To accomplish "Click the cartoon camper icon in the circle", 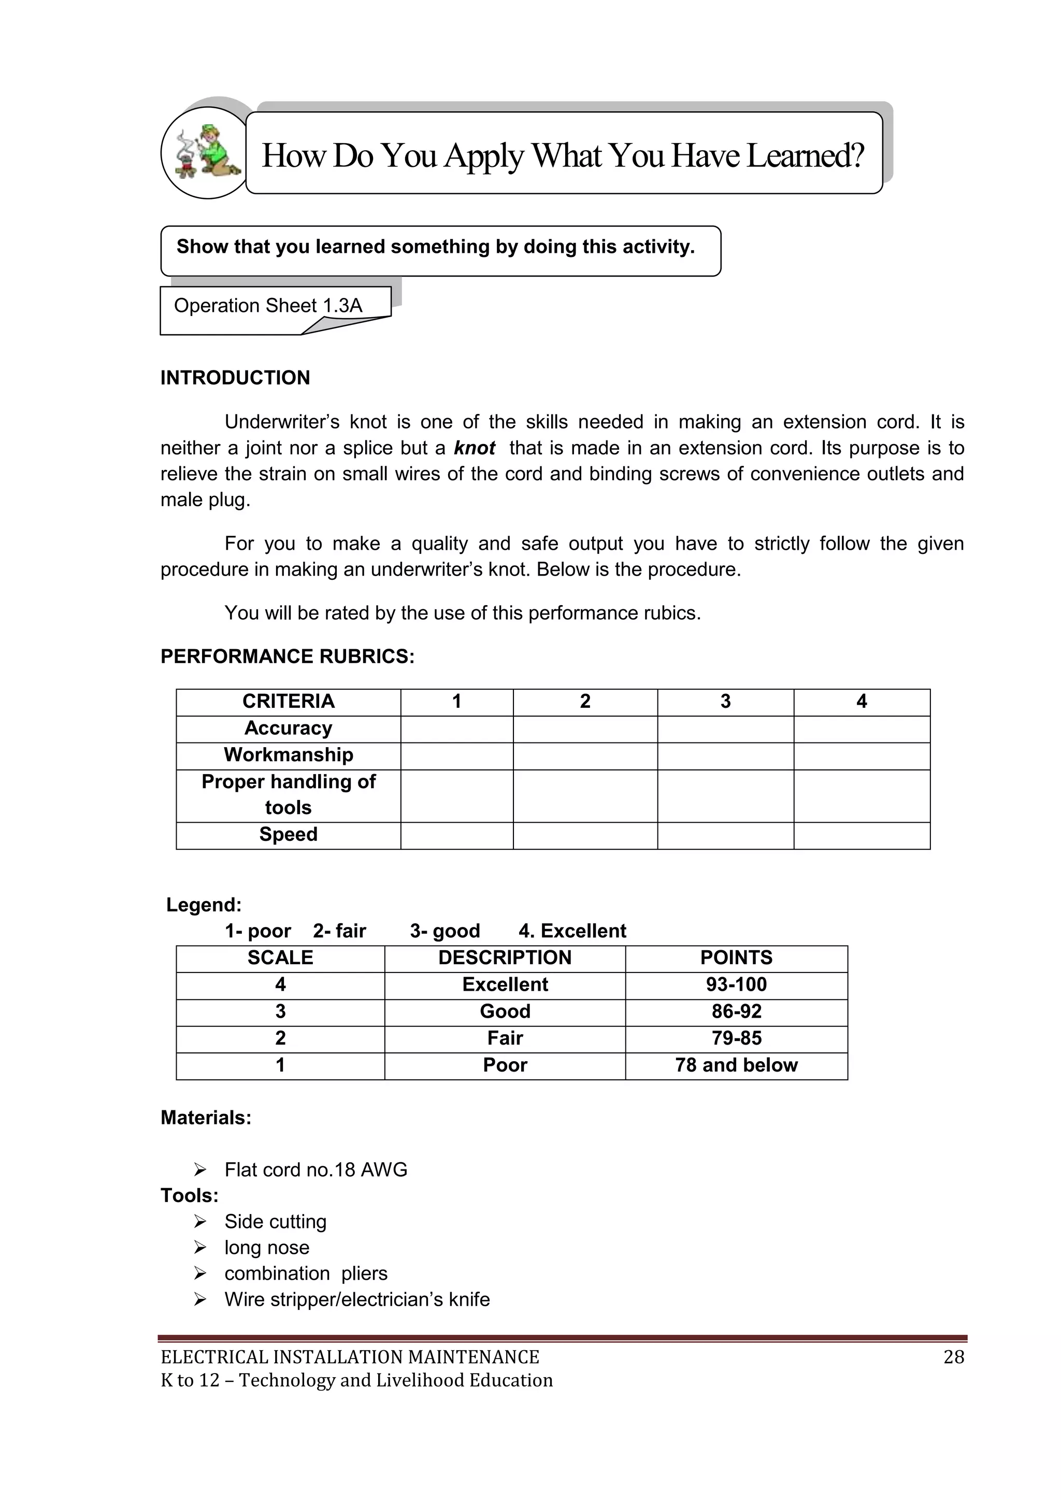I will click(x=205, y=153).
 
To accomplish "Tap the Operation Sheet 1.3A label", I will click(x=268, y=306).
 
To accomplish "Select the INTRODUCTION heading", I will click(x=235, y=378).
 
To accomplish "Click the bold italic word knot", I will click(x=475, y=448).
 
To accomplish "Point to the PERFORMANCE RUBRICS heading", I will click(x=288, y=656).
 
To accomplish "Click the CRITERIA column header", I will click(x=288, y=702).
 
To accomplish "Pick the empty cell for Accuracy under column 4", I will click(x=861, y=729).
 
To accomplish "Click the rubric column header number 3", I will click(x=725, y=702).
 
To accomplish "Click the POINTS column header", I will click(x=736, y=958).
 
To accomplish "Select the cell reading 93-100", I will click(x=736, y=984).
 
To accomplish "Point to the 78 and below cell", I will click(x=736, y=1065).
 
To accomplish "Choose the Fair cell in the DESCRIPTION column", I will click(x=505, y=1038).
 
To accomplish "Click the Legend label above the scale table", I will click(x=204, y=905).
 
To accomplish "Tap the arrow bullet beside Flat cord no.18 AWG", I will click(x=200, y=1169).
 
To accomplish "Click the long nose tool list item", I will click(x=267, y=1247).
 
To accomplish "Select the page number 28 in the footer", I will click(x=953, y=1357).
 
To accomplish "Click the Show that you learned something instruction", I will click(x=435, y=247).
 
